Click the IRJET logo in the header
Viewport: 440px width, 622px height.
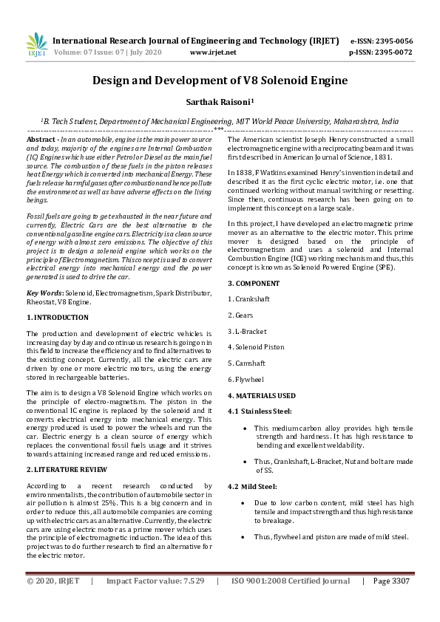pos(36,45)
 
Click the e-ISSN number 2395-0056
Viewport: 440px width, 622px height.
pos(393,41)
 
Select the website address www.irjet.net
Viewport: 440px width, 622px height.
pos(213,52)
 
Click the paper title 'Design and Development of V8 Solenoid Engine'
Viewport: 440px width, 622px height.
pos(220,81)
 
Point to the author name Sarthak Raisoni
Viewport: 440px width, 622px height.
pos(219,105)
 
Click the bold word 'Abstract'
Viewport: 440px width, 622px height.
pos(41,140)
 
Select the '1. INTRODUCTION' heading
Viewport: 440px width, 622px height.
pos(58,318)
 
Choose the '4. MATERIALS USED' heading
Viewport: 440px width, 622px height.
pos(261,396)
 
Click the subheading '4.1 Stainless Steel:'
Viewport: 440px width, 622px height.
pos(260,411)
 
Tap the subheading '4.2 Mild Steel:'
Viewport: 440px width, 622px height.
pos(254,487)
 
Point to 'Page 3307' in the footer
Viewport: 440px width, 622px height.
pos(391,581)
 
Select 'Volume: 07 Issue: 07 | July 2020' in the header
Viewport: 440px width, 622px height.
pos(108,52)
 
